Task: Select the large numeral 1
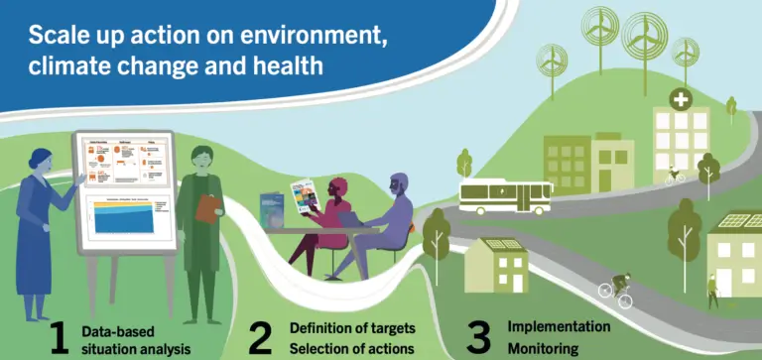coord(59,337)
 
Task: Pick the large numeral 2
coord(260,337)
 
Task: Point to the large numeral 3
coord(479,337)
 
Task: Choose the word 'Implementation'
coord(559,326)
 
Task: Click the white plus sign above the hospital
coord(681,100)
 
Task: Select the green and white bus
coord(506,196)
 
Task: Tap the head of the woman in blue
coord(43,159)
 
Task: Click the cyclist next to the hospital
coord(675,175)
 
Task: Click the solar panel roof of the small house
coord(495,244)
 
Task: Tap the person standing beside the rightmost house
coord(711,290)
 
